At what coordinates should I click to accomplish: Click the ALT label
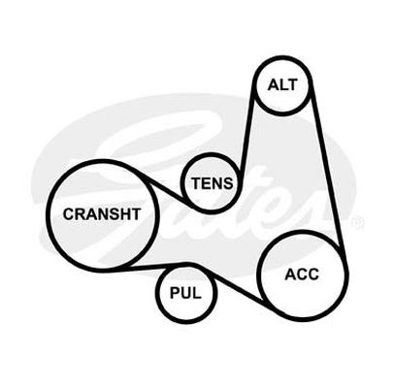pos(282,85)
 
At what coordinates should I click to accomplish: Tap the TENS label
pos(213,183)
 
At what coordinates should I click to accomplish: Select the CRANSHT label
pos(102,214)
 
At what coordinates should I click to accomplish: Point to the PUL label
pos(185,293)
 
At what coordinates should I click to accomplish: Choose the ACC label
pos(302,275)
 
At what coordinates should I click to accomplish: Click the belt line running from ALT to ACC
pos(327,166)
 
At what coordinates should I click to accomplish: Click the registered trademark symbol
pos(358,223)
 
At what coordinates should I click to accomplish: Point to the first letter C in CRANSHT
pos(69,214)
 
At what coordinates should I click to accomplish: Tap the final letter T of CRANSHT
pos(136,214)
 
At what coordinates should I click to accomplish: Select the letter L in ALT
pos(283,85)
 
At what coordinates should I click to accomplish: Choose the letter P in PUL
pos(175,293)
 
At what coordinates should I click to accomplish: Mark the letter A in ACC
pos(290,275)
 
